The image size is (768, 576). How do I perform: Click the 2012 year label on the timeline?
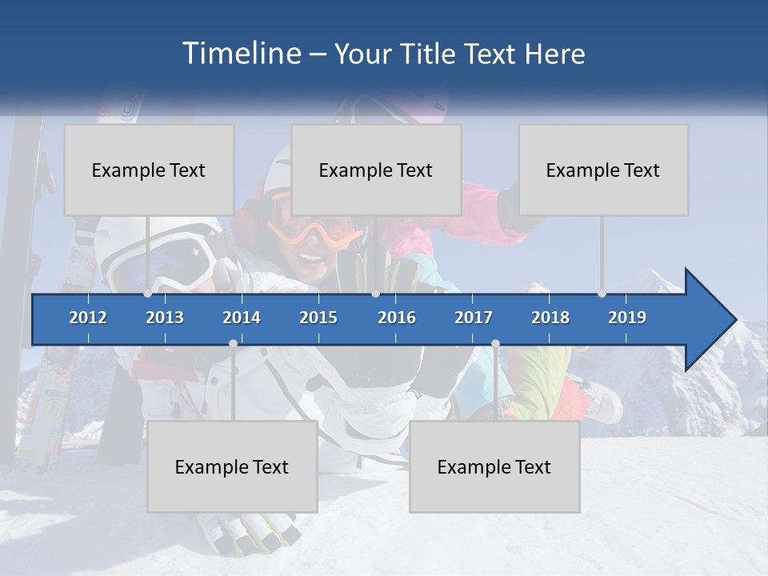(88, 318)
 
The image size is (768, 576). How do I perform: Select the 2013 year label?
(165, 318)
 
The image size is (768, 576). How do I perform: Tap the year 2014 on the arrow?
(242, 318)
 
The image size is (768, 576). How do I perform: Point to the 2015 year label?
(318, 318)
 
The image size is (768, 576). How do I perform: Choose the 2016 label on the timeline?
(397, 318)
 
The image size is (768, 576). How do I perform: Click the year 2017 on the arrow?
(474, 318)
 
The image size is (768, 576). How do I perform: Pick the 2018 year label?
(550, 318)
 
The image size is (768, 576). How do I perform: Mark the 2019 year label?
(627, 318)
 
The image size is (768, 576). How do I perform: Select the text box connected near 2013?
(149, 170)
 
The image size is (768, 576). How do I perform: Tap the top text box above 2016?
(376, 170)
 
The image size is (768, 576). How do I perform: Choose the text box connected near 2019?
(603, 170)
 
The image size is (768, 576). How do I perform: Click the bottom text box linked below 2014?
(232, 466)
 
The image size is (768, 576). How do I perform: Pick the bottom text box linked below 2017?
(494, 466)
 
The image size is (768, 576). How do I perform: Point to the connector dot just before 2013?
(148, 294)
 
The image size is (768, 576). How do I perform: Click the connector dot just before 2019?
(602, 294)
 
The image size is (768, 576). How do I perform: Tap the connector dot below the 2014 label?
(233, 344)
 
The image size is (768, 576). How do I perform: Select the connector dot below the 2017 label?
(495, 344)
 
